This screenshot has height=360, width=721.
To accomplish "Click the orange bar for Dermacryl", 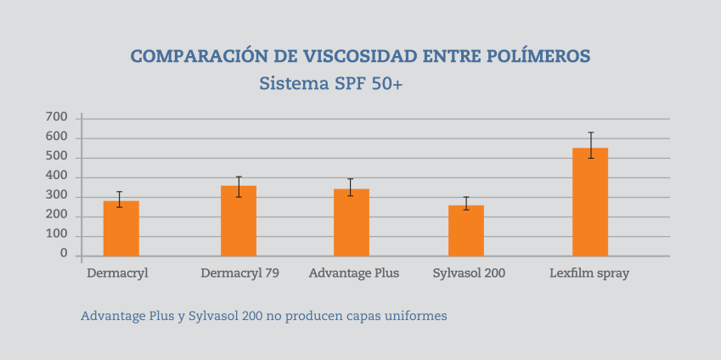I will (x=121, y=228).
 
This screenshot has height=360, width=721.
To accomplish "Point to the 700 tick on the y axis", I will (x=57, y=117).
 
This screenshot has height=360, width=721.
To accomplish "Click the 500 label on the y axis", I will (x=57, y=157).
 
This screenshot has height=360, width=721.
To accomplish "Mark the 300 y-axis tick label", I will (x=57, y=196).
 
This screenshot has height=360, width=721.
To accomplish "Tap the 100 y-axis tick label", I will (x=57, y=235).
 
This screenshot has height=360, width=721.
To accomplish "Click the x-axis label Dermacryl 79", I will (x=239, y=273).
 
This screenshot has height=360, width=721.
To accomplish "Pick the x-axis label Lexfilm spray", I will (x=589, y=273).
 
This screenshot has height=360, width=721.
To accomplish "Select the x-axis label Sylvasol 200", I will (x=467, y=273).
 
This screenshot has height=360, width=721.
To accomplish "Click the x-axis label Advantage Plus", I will (x=353, y=273).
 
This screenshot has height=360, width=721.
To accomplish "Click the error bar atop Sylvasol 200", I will (x=466, y=203).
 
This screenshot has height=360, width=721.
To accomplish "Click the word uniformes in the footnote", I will (x=416, y=316).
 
